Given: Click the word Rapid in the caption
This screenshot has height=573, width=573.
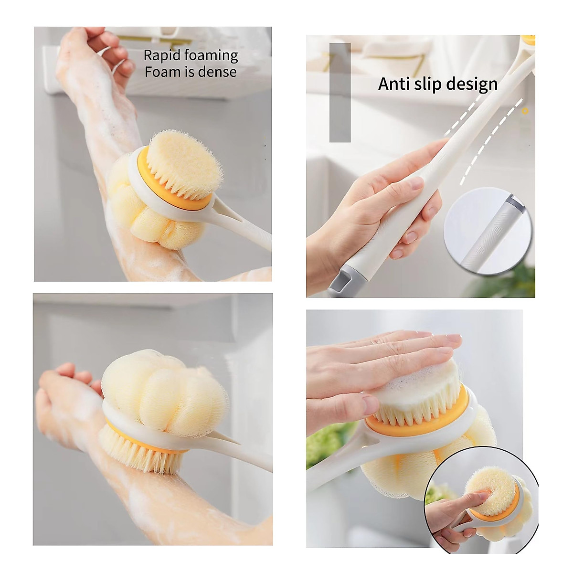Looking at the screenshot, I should coord(161,56).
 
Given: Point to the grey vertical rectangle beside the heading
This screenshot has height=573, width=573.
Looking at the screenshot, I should coord(340,92).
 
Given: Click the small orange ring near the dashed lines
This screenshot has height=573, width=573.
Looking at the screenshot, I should coord(525,111).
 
